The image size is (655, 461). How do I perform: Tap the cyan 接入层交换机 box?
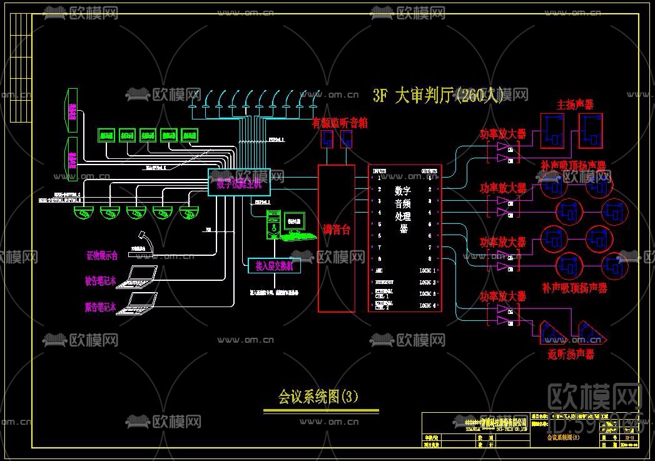coord(274,265)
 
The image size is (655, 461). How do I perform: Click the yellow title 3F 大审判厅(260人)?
coord(437,96)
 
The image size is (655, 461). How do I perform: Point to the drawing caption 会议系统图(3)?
coord(318,397)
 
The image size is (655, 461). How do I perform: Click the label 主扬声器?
coord(575,104)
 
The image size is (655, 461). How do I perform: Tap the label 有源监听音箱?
coord(340,123)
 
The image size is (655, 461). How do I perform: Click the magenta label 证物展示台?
coord(102,256)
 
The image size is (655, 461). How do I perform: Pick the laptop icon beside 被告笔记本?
coord(142,276)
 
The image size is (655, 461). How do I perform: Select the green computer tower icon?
coord(273,225)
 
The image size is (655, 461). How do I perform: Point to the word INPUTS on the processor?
coord(380,171)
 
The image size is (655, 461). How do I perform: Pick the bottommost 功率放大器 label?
coord(502,296)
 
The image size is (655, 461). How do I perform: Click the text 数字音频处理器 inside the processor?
coord(404,209)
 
